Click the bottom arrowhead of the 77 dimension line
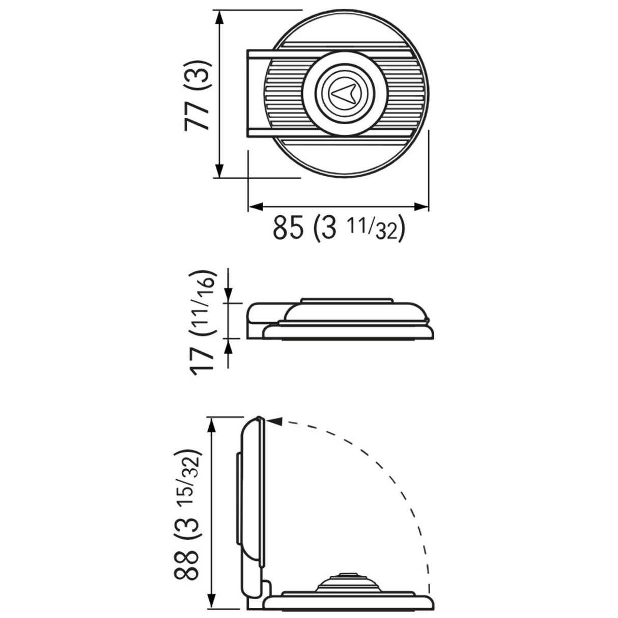point(219,171)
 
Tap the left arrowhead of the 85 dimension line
point(255,206)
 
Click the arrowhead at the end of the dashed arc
point(273,421)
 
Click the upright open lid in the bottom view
point(252,489)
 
